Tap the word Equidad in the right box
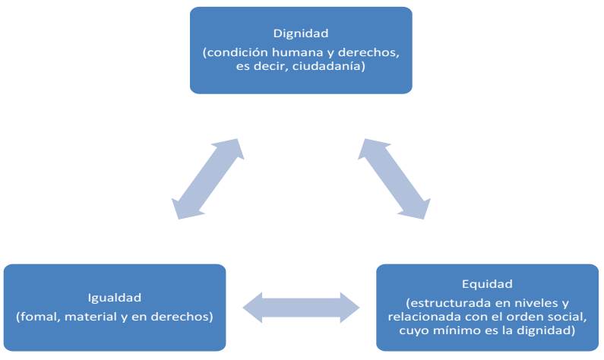(x=487, y=284)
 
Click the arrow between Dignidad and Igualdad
(x=207, y=179)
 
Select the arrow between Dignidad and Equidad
(x=393, y=179)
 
